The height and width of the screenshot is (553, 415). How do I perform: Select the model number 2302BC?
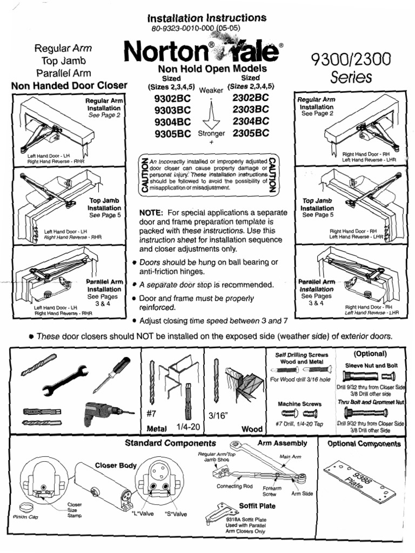250,98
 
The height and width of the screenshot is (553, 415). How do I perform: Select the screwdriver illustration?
112,375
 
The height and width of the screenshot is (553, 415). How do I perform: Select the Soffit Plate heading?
257,506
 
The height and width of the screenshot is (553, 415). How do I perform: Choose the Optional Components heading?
364,444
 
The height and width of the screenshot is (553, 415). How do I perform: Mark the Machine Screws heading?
299,403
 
